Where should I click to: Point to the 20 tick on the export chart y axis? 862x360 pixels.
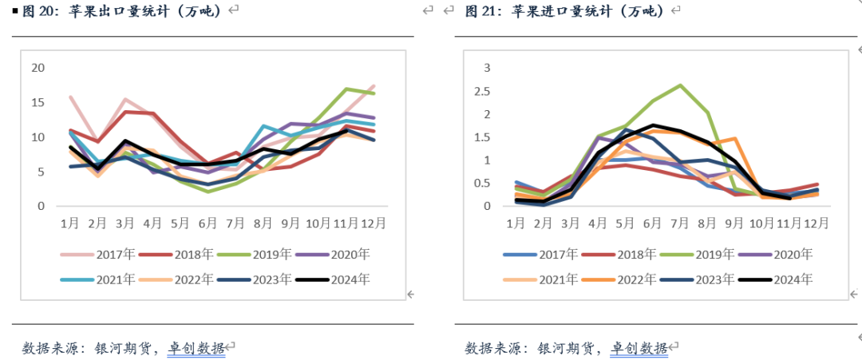point(38,67)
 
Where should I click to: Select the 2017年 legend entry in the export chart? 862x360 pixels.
point(105,255)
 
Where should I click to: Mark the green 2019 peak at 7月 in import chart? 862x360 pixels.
point(680,85)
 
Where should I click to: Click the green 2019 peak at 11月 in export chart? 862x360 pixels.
point(347,89)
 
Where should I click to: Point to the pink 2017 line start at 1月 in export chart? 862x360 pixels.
point(71,97)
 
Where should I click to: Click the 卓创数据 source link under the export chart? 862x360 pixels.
point(196,348)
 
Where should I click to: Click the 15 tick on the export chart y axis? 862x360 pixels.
point(38,102)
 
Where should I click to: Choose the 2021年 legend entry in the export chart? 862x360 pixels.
point(105,279)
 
